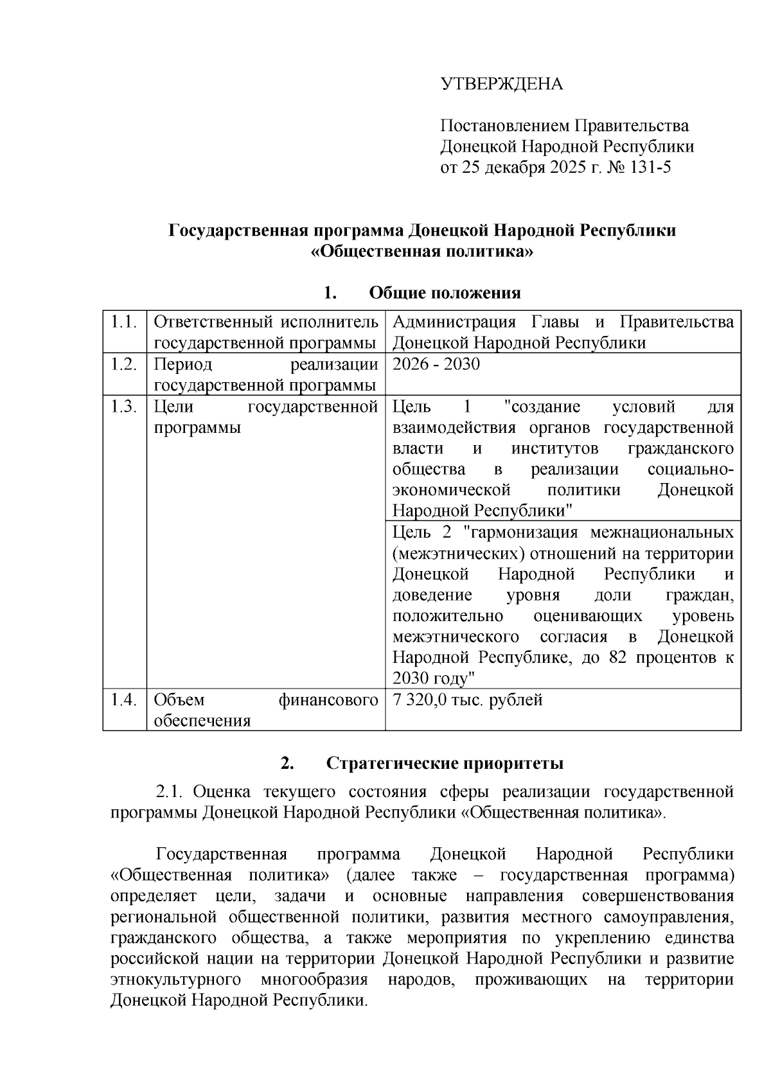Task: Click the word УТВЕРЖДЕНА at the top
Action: coord(501,84)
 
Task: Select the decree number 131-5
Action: coord(650,168)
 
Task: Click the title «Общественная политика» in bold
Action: coord(422,251)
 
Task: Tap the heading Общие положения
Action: coord(445,294)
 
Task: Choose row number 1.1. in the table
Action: coord(124,322)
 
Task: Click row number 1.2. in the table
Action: coord(124,364)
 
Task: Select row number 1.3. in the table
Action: coord(124,407)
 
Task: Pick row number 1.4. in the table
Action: coord(124,699)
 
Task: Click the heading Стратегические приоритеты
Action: coord(445,763)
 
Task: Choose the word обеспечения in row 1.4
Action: coord(202,721)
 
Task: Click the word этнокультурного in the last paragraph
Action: coord(175,980)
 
